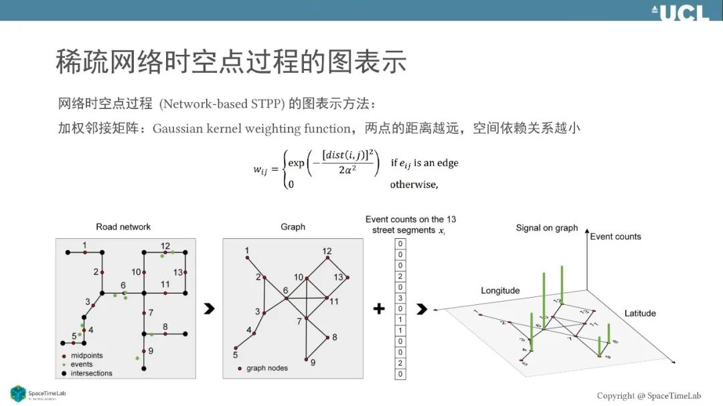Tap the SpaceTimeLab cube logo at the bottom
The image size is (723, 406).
tap(18, 394)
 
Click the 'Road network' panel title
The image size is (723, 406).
tap(123, 227)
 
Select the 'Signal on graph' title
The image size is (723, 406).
tap(546, 227)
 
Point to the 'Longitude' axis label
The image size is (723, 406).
tap(500, 290)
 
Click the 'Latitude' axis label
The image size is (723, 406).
tap(640, 313)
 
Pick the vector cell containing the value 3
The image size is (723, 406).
tap(400, 298)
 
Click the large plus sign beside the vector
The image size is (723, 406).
tap(379, 308)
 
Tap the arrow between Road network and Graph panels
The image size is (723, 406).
tap(209, 308)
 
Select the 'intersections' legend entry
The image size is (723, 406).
tap(91, 373)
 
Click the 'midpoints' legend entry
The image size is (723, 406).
tap(86, 356)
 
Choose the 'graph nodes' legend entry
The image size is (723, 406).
tap(266, 368)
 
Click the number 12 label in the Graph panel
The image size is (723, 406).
tap(327, 251)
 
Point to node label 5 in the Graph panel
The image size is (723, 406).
tap(236, 346)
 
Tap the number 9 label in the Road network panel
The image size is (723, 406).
tap(151, 350)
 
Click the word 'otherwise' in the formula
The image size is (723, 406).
tap(413, 184)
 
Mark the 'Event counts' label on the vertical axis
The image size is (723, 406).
tap(615, 236)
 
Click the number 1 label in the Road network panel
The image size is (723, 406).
tap(85, 245)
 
